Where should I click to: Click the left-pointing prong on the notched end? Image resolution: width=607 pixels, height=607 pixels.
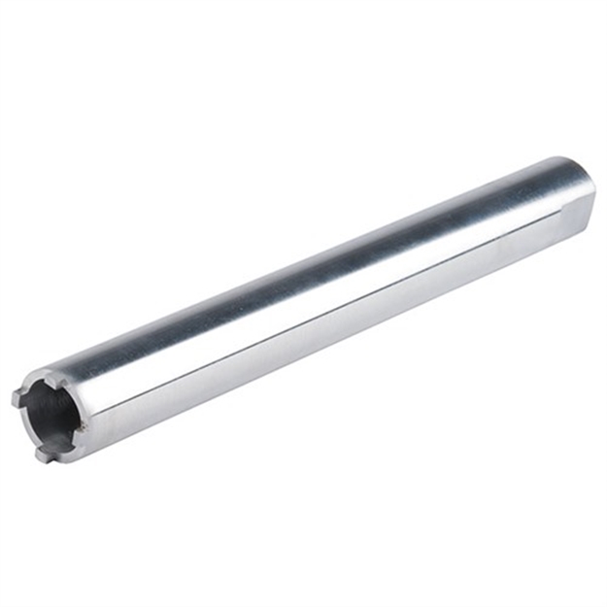point(17,396)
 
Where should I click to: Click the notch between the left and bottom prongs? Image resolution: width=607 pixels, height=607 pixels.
point(27,425)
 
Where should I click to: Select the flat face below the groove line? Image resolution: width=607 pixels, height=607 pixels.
point(320,335)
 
